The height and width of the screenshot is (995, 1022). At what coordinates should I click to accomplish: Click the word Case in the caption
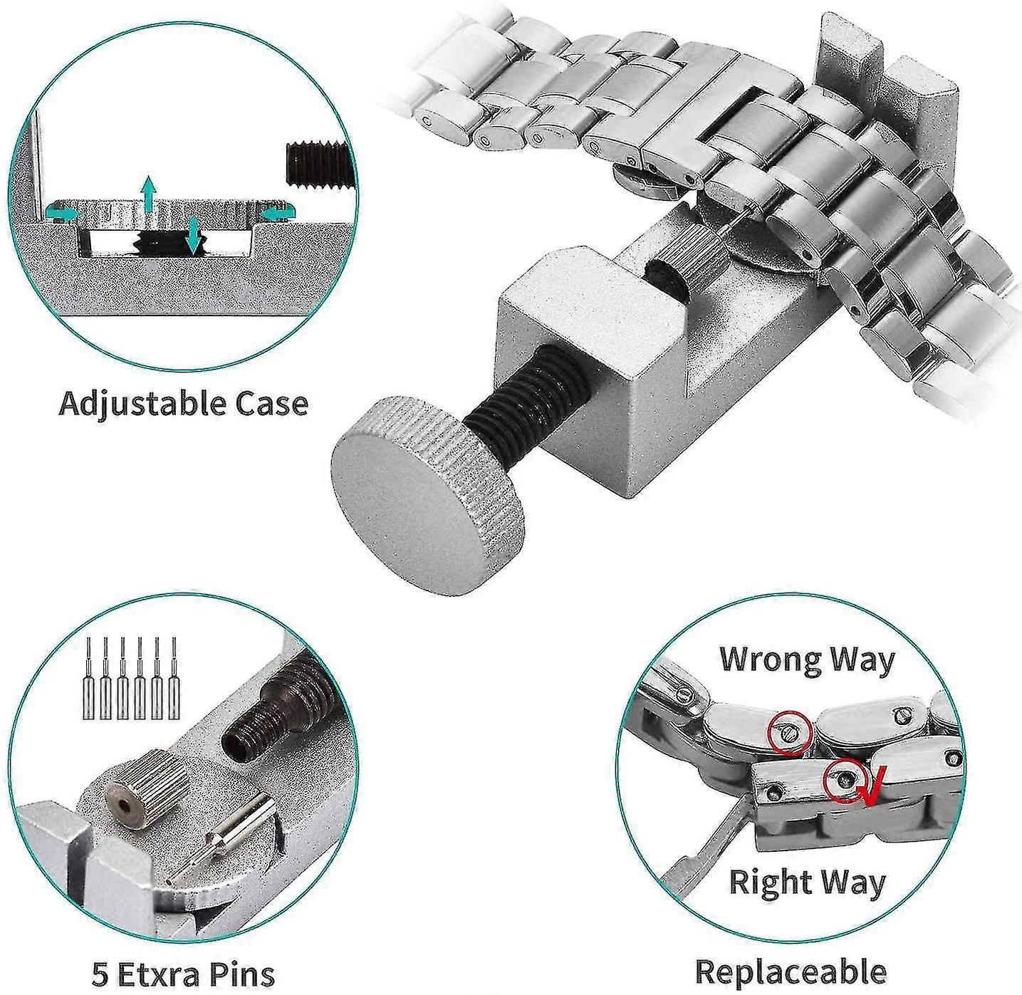tap(268, 403)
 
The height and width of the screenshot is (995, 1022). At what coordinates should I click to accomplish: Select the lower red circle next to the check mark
tap(846, 782)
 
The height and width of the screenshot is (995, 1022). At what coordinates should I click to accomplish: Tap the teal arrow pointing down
tap(194, 237)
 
